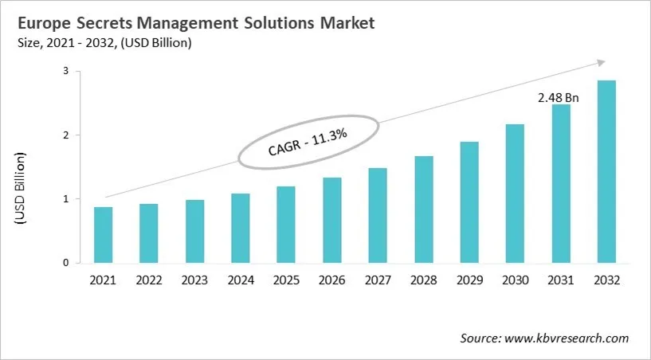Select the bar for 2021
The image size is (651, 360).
point(103,235)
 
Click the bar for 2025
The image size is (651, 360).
point(286,225)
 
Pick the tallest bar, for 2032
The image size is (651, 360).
point(606,171)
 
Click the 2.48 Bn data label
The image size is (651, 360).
point(559,97)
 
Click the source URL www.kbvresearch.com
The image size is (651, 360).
point(567,338)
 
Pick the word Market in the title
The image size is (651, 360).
point(345,24)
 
